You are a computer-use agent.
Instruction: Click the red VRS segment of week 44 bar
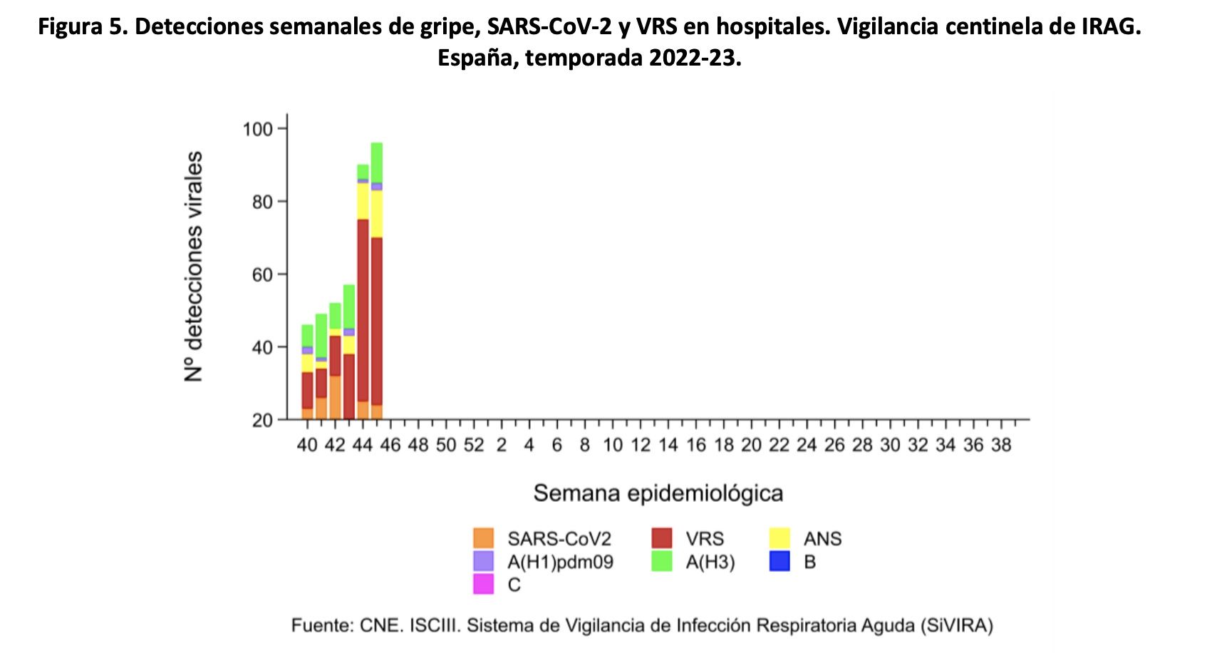coord(363,310)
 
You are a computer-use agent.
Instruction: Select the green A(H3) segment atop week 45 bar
coord(377,163)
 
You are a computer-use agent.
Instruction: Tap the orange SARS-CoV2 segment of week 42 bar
coord(335,397)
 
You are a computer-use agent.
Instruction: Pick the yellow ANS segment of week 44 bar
coord(363,201)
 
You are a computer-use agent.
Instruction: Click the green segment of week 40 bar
coord(307,336)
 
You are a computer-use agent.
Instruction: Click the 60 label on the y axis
coord(262,274)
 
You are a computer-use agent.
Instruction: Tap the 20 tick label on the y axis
coord(262,420)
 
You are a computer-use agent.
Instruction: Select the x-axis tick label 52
coord(474,446)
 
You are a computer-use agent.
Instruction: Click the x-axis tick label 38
coord(1001,446)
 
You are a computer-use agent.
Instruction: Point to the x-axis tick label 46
coord(390,446)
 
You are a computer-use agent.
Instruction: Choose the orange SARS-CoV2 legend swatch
coord(483,538)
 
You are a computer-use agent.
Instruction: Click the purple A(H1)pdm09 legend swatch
coord(483,562)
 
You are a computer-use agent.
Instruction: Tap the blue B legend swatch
coord(779,562)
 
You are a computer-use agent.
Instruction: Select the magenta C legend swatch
coord(483,585)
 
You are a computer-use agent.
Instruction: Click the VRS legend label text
coord(704,538)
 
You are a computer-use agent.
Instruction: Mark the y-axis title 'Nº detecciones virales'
coord(194,266)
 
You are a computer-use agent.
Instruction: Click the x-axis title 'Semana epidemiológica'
coord(658,493)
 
